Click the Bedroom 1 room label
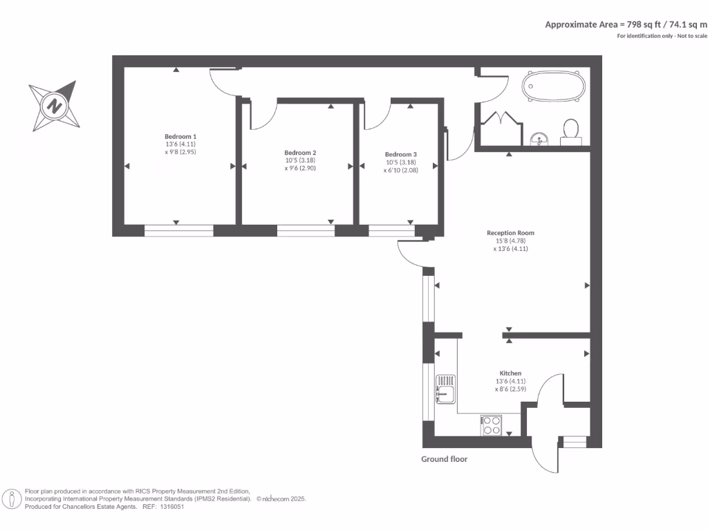(x=180, y=136)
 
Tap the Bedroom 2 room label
(x=300, y=153)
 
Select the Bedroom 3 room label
(x=401, y=154)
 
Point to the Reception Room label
(x=510, y=233)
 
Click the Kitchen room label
(x=510, y=373)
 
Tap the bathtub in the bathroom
(x=554, y=86)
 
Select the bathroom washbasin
(x=539, y=139)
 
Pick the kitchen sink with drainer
(x=445, y=389)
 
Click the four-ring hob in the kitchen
(x=492, y=425)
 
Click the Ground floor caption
(x=445, y=459)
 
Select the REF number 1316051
(x=172, y=507)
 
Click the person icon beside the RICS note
(x=12, y=499)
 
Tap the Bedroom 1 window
(x=179, y=231)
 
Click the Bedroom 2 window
(x=306, y=231)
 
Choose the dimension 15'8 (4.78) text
(x=511, y=241)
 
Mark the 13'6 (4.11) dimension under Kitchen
(x=511, y=381)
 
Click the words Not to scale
(x=692, y=36)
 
